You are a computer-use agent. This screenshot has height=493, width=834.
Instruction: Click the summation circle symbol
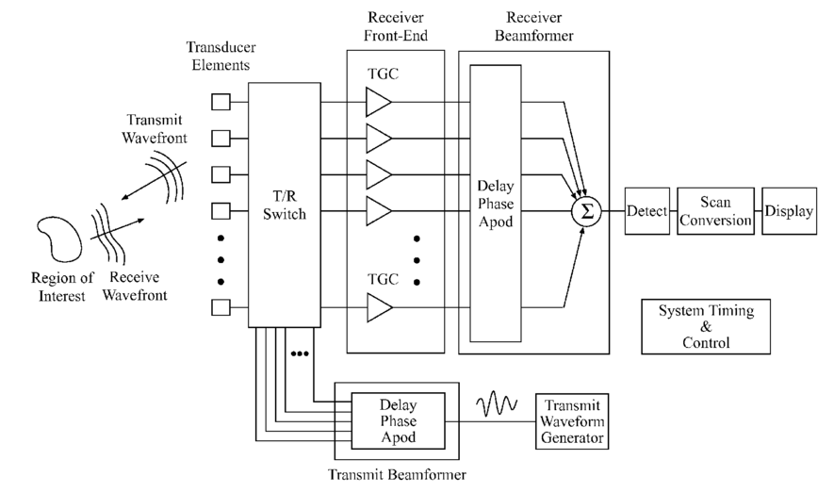click(586, 211)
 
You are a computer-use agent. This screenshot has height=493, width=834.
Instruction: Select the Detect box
click(646, 211)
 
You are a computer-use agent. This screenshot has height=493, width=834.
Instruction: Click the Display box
click(788, 211)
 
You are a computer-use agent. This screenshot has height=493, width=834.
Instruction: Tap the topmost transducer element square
click(220, 102)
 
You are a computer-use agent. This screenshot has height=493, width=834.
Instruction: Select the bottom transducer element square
click(220, 307)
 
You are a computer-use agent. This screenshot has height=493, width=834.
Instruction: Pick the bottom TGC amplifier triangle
click(378, 307)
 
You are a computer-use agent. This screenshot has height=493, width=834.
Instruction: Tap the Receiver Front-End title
click(395, 28)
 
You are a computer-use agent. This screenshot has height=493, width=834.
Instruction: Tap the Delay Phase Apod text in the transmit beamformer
click(397, 421)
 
